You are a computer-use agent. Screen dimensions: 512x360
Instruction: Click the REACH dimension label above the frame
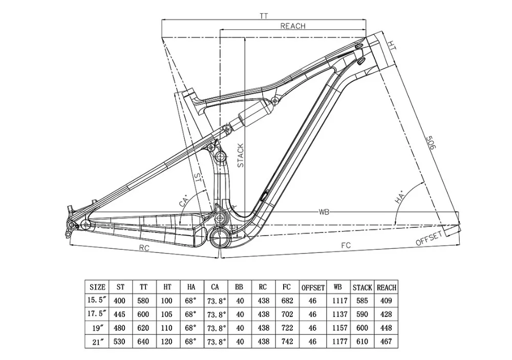click(293, 26)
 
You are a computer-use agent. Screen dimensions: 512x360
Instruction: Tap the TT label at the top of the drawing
click(264, 16)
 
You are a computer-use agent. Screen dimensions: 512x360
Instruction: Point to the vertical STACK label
click(241, 155)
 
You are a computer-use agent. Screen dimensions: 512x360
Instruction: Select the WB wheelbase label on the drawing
click(324, 213)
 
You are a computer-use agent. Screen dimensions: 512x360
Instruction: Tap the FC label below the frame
click(346, 245)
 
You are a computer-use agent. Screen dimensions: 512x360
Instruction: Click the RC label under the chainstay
click(144, 248)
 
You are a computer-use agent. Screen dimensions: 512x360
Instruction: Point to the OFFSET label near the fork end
click(429, 238)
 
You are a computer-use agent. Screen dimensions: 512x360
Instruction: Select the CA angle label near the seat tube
click(184, 201)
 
